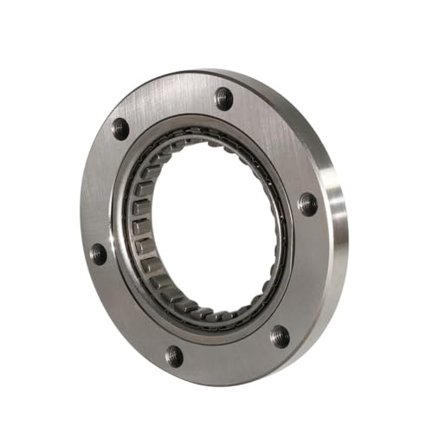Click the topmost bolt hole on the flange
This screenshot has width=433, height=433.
pos(223,98)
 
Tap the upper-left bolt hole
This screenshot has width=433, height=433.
pos(120,129)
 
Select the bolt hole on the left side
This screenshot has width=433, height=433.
pos(99,254)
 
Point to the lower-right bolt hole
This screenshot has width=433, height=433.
pos(279,335)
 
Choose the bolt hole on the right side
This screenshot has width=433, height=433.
pos(307,204)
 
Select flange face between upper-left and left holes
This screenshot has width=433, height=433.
pos(102,191)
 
